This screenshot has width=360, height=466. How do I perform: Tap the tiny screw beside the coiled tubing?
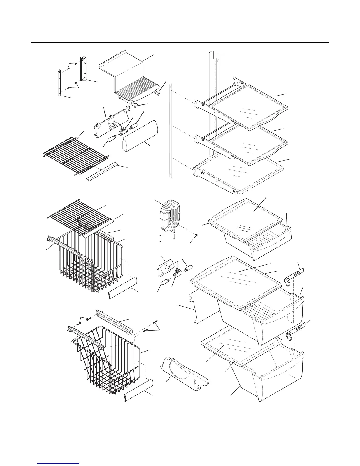pyautogui.click(x=197, y=235)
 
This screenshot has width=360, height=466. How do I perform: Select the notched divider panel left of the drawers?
pyautogui.click(x=203, y=306)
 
